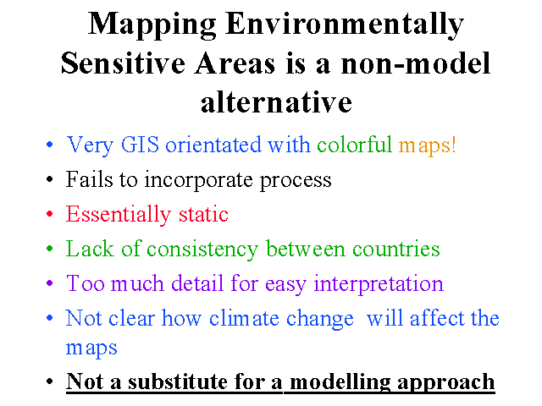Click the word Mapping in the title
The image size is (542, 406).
point(152,25)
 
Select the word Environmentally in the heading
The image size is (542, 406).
point(345,25)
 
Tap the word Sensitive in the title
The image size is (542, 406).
point(123,63)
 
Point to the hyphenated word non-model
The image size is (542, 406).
point(416,63)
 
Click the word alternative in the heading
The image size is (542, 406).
point(276,101)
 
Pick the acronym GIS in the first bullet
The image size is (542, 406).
point(140,145)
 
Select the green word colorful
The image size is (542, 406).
point(355,144)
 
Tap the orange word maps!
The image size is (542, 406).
point(427,145)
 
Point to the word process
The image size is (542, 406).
point(296,181)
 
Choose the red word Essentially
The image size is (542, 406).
point(119,214)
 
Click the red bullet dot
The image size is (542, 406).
point(49,214)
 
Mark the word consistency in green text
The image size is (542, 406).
point(202,250)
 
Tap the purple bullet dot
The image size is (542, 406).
point(49,283)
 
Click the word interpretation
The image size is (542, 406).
point(379,284)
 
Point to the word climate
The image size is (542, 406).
point(244,318)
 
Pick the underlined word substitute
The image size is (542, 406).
point(178,381)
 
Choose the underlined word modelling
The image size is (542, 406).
point(340,382)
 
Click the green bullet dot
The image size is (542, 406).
point(49,249)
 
